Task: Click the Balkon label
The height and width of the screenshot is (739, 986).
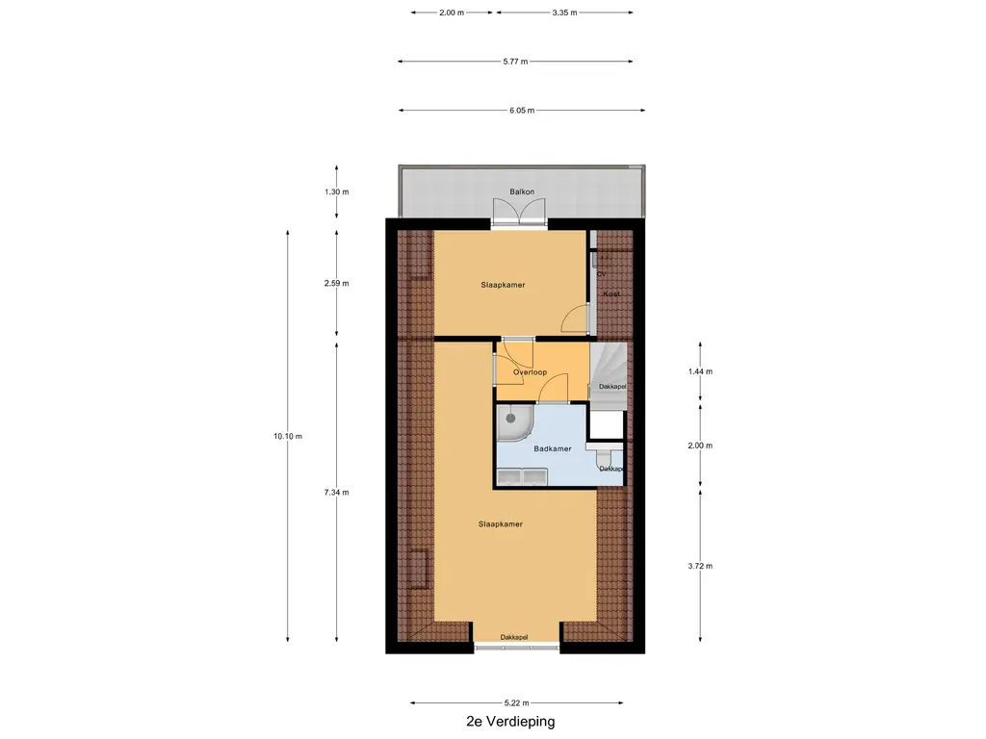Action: pyautogui.click(x=522, y=191)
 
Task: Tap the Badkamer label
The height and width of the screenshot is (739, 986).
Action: pyautogui.click(x=553, y=448)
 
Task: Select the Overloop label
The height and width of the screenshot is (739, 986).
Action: pyautogui.click(x=531, y=372)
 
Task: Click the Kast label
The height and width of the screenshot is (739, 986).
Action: pyautogui.click(x=611, y=293)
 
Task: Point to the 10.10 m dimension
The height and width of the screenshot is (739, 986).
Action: pyautogui.click(x=288, y=436)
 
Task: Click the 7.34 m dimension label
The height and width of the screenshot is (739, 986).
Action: pyautogui.click(x=336, y=492)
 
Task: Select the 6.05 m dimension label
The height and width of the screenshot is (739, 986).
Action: pyautogui.click(x=522, y=110)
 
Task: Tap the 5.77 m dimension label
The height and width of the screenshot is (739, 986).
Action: pyautogui.click(x=516, y=61)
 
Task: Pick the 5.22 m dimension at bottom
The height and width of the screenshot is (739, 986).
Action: pyautogui.click(x=517, y=702)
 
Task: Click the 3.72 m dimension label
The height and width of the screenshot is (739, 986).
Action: pyautogui.click(x=700, y=566)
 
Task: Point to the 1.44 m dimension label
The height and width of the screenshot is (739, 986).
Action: pyautogui.click(x=700, y=371)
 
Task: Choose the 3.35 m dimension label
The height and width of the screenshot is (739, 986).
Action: pyautogui.click(x=564, y=12)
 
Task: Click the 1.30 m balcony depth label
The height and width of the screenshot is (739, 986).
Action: pyautogui.click(x=336, y=191)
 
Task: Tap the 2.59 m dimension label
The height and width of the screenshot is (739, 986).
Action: pyautogui.click(x=336, y=283)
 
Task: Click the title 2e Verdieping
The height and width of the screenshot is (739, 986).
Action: pyautogui.click(x=510, y=722)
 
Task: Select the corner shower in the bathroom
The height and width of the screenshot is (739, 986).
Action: pyautogui.click(x=514, y=421)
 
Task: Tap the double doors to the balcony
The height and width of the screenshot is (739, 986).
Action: pyautogui.click(x=519, y=210)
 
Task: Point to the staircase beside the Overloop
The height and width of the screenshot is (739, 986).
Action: pyautogui.click(x=609, y=371)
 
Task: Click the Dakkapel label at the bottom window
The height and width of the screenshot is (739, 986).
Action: pyautogui.click(x=514, y=637)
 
